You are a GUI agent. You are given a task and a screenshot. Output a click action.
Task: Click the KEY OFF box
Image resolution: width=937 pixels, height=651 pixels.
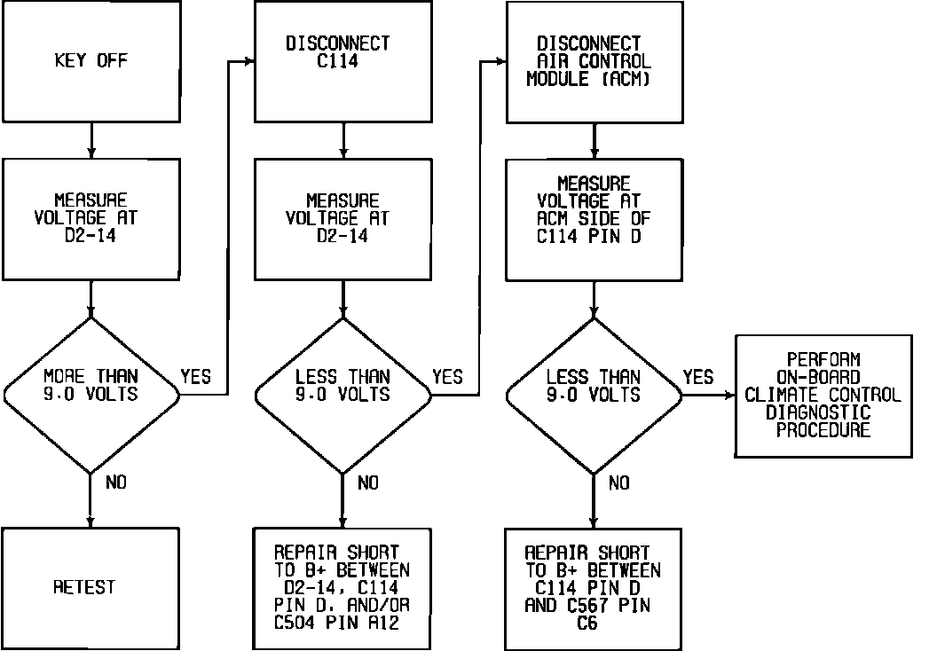point(91,61)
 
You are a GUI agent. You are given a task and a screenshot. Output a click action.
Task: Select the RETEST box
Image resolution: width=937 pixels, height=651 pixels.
point(91,587)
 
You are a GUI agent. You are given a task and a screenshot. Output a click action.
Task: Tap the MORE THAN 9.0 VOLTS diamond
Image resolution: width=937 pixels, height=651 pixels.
point(91,384)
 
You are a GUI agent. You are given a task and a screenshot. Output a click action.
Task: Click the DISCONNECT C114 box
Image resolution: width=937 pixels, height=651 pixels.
point(343,61)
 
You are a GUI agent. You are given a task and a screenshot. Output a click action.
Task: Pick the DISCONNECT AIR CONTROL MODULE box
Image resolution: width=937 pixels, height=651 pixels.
point(594,61)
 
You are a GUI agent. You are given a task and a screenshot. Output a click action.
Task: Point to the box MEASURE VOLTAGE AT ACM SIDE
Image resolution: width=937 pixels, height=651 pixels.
point(594,219)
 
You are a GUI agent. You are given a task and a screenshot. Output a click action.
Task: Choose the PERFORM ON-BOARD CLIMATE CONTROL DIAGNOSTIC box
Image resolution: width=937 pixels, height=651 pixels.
point(823,396)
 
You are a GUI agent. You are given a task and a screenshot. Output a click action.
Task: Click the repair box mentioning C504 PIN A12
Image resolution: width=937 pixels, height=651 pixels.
point(343,587)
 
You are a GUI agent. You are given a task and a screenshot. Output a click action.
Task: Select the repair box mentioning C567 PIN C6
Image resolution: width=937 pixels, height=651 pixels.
point(594,587)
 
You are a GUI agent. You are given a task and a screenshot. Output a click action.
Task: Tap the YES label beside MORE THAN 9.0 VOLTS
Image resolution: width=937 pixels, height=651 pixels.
point(195,376)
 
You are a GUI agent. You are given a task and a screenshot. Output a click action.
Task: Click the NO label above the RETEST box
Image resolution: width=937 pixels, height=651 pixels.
point(115,482)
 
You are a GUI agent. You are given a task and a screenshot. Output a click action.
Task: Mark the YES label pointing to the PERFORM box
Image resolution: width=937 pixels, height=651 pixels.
point(697,377)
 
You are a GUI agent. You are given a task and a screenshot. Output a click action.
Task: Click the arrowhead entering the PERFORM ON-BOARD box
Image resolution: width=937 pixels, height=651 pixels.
point(728,396)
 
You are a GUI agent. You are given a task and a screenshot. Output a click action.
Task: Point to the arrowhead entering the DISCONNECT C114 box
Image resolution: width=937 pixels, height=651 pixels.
point(249,61)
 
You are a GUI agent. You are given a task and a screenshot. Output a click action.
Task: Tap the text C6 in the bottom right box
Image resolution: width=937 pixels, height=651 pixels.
point(587,624)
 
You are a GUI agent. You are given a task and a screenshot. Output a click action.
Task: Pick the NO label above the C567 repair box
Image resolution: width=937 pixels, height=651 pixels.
point(618,482)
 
